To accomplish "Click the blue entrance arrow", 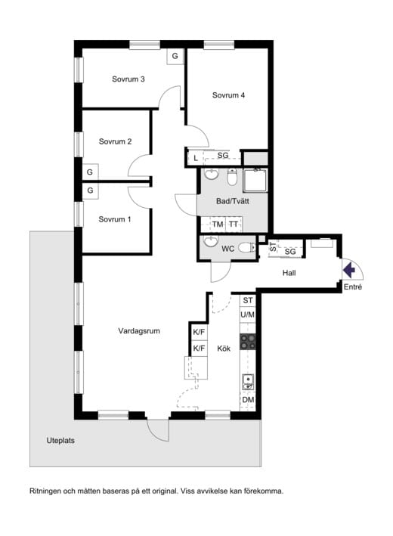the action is pyautogui.click(x=348, y=270).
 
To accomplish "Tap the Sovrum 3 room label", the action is pyautogui.click(x=128, y=79).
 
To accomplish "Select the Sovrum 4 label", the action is pyautogui.click(x=228, y=95).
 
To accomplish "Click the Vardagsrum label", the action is pyautogui.click(x=139, y=331).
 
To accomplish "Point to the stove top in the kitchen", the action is pyautogui.click(x=248, y=342).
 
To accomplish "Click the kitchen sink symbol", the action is pyautogui.click(x=248, y=382).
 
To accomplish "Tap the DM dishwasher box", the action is pyautogui.click(x=248, y=400).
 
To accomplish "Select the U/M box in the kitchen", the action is pyautogui.click(x=248, y=314).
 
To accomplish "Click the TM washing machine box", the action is pyautogui.click(x=218, y=225).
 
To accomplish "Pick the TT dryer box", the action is pyautogui.click(x=234, y=225).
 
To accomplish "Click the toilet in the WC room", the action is pyautogui.click(x=246, y=247).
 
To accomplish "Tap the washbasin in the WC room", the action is pyautogui.click(x=211, y=241).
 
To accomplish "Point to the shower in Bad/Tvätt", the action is pyautogui.click(x=255, y=180).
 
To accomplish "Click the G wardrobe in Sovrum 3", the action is pyautogui.click(x=175, y=56).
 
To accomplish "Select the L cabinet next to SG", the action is pyautogui.click(x=196, y=158).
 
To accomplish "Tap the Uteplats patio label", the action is pyautogui.click(x=60, y=441).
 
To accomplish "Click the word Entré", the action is pyautogui.click(x=353, y=287).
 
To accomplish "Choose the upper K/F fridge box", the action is pyautogui.click(x=199, y=332).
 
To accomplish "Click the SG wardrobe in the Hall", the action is pyautogui.click(x=290, y=252).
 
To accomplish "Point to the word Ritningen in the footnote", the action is pyautogui.click(x=46, y=491).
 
